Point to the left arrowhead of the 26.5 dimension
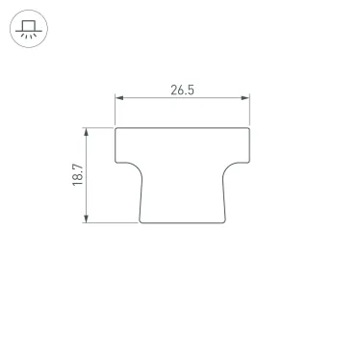[118, 97]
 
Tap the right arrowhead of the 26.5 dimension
[247, 97]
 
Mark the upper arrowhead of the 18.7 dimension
[88, 130]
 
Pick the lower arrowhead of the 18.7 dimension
[88, 219]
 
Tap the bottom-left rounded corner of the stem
[141, 220]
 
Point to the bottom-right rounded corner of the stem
[225, 220]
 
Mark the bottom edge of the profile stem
[183, 222]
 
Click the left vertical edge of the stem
[140, 197]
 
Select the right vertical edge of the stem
[227, 197]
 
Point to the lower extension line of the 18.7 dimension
[111, 222]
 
